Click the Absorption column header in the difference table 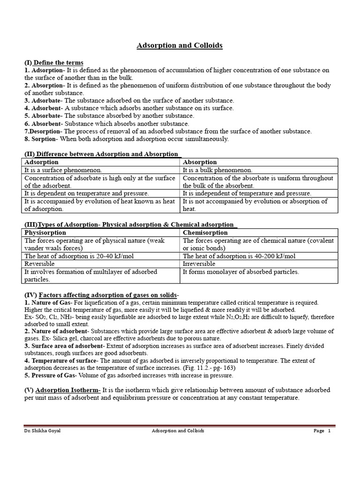coord(200,162)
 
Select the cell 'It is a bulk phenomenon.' coord(217,170)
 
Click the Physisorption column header coord(45,232)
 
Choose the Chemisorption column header coord(205,232)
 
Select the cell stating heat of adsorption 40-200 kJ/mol coord(239,256)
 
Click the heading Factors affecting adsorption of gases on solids coord(108,295)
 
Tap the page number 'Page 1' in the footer coord(322,431)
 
